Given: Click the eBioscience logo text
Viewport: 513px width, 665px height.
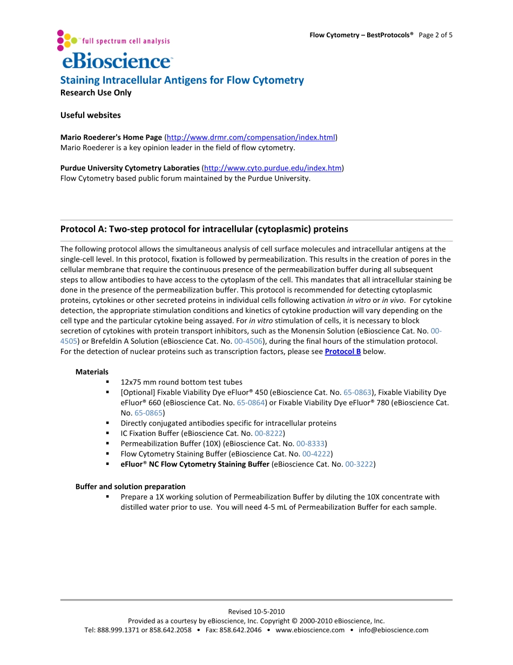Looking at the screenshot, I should point(117,61).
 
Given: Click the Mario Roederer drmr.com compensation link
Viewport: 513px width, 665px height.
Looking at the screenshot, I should point(251,137).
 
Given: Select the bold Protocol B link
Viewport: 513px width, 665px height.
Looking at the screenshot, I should point(342,352).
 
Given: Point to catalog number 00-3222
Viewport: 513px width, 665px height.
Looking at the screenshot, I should point(359,464).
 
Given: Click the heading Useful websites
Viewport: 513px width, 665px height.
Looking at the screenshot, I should point(91,115).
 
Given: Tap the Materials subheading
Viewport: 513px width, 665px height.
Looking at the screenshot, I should point(92,372).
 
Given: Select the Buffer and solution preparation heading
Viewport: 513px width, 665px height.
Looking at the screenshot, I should point(130,487).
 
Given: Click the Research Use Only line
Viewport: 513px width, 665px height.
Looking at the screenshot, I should point(96,92).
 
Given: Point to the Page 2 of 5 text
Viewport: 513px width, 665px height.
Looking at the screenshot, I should point(436,35).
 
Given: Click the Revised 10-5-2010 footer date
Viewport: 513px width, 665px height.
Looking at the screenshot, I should point(256,611).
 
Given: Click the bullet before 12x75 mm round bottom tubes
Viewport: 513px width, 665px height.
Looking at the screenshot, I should point(108,382).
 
